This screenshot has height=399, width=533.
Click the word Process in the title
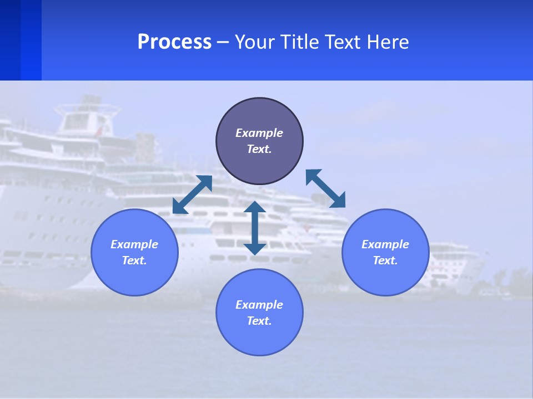click(174, 42)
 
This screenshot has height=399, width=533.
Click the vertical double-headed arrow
click(255, 228)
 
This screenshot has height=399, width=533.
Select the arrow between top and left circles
click(192, 195)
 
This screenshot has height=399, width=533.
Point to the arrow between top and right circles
click(326, 188)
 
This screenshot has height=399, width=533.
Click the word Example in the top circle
click(259, 133)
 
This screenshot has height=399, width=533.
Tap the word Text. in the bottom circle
click(259, 321)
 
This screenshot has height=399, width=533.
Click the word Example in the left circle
click(134, 244)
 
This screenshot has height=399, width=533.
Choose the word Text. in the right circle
click(385, 260)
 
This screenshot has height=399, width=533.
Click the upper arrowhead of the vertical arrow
click(255, 207)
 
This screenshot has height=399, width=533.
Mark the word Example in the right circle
click(385, 244)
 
